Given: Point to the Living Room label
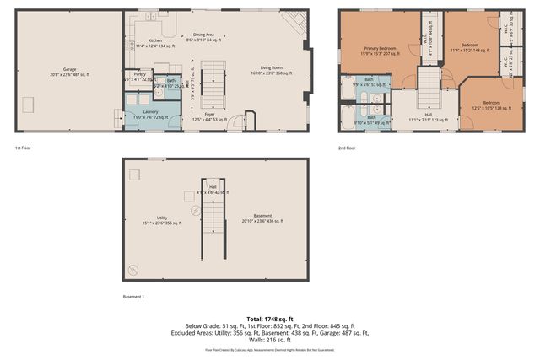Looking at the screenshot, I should pyautogui.click(x=270, y=70).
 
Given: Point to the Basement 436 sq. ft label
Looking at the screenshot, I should pyautogui.click(x=262, y=218).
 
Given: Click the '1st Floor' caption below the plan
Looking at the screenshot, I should pyautogui.click(x=24, y=148).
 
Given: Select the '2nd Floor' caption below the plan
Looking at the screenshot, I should pyautogui.click(x=346, y=148).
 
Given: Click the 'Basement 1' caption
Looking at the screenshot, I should pyautogui.click(x=133, y=297).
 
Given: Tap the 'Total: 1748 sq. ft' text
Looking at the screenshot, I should pyautogui.click(x=269, y=319).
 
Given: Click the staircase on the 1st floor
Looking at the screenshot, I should pyautogui.click(x=216, y=83).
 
